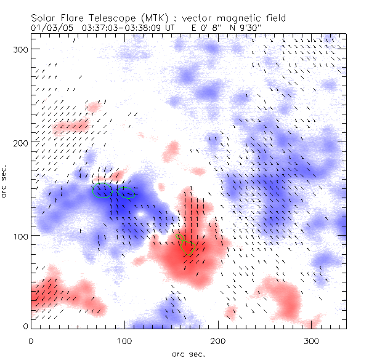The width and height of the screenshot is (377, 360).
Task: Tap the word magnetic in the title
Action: (x=233, y=18)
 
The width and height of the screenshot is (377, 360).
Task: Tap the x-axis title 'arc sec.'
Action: (x=188, y=353)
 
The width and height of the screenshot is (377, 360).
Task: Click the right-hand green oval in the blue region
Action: (x=126, y=193)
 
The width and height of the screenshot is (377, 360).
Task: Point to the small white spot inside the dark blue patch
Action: (x=140, y=214)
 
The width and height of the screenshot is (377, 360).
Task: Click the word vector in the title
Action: (x=196, y=18)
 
